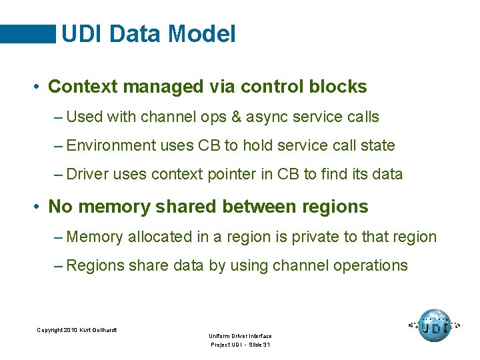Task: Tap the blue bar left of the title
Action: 27,34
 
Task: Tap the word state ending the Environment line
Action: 377,145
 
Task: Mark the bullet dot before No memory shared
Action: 39,207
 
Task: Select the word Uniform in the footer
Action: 219,336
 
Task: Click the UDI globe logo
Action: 435,326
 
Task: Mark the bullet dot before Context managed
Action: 39,87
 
